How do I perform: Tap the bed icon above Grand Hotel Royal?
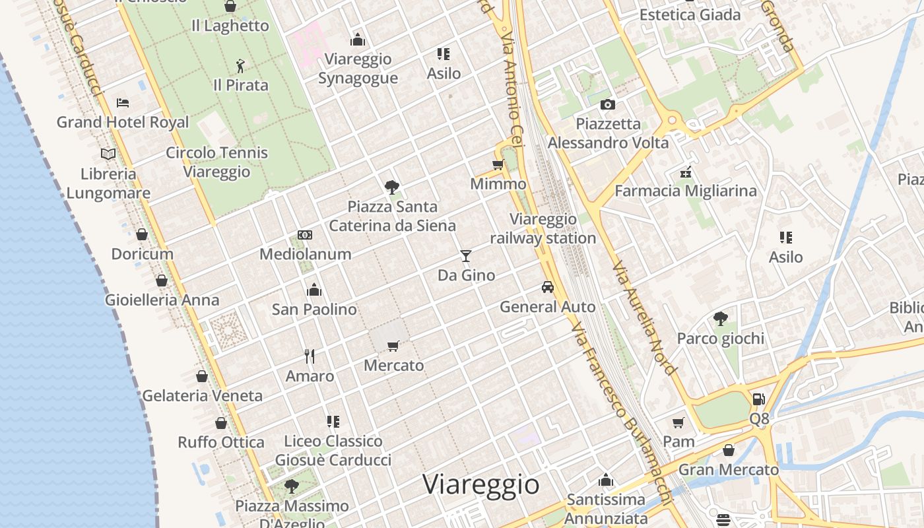(x=123, y=103)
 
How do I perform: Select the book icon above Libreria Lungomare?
(x=108, y=154)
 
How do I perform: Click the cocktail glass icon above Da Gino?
(x=466, y=256)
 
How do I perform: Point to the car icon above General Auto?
(x=547, y=287)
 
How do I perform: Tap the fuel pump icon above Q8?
(x=759, y=399)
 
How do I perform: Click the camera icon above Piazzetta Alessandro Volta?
(x=608, y=104)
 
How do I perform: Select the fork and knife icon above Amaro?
(x=310, y=356)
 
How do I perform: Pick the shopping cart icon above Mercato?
(x=393, y=346)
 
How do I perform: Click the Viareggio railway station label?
(x=543, y=228)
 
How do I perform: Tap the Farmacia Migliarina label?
(x=686, y=191)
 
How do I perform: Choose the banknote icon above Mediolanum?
(x=304, y=235)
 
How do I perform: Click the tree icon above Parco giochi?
(x=720, y=319)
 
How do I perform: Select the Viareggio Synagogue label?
(x=358, y=69)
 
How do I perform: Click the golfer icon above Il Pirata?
(x=240, y=66)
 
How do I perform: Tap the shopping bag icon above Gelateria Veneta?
(x=202, y=376)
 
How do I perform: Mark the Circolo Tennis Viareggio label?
(x=216, y=162)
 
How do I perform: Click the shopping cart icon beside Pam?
(x=678, y=422)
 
